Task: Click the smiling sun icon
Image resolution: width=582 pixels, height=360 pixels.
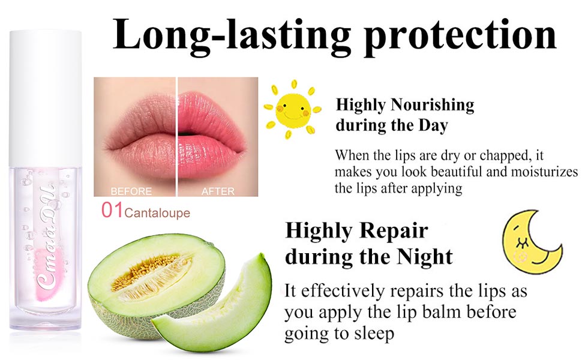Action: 292,109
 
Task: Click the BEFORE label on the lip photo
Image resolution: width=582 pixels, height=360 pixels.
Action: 131,192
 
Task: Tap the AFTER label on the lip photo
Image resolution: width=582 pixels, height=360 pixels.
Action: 218,192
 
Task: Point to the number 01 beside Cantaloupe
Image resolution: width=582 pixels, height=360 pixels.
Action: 112,212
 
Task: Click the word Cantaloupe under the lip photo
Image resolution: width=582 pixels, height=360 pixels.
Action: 157,213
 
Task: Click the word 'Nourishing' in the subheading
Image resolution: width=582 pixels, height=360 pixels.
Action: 432,106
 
